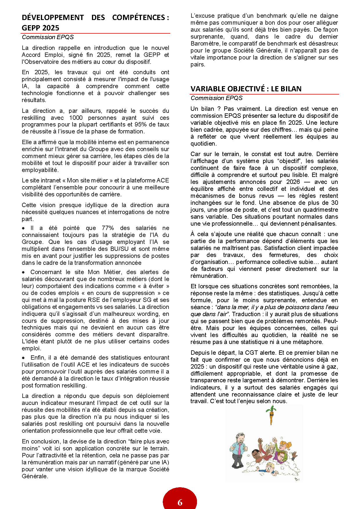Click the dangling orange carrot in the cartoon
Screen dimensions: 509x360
point(271,418)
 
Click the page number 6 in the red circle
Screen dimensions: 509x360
point(180,502)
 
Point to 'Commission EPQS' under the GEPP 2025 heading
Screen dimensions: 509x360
point(48,37)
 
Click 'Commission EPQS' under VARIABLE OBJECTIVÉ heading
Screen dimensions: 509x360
point(216,98)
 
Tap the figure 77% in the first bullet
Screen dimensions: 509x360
point(108,228)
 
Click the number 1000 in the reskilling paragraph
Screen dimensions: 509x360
point(76,118)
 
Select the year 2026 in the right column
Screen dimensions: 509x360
point(293,182)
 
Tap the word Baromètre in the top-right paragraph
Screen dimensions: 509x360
point(205,44)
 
